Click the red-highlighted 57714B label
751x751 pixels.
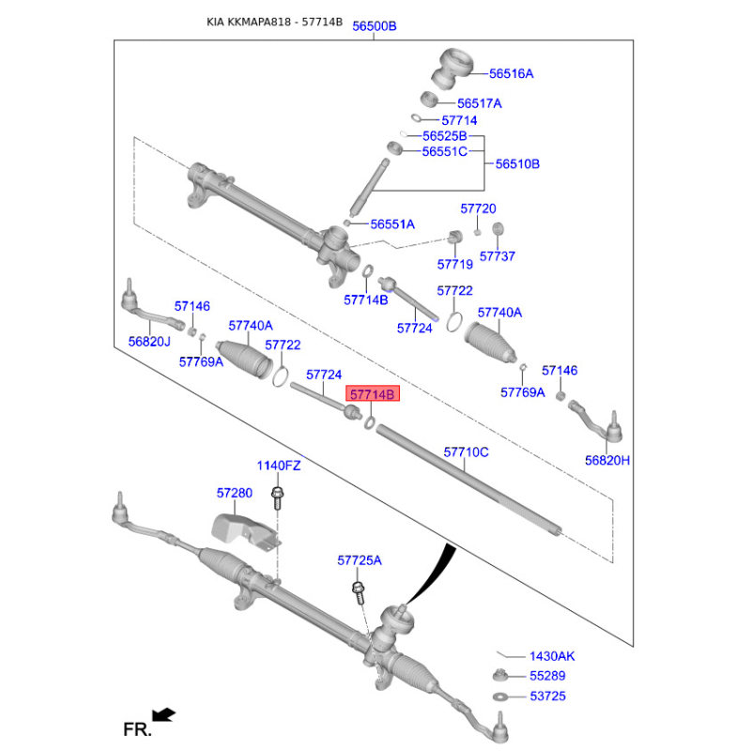coord(373,394)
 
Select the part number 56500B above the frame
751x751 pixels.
coord(374,26)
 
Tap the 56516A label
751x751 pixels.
coord(511,73)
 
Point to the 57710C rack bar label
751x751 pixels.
coord(466,452)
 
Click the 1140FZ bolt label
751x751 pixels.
coord(279,466)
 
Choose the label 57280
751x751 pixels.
coord(234,493)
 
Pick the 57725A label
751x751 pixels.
coord(360,560)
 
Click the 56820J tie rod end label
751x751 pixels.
coord(149,342)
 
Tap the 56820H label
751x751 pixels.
coord(607,460)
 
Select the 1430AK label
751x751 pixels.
coord(552,656)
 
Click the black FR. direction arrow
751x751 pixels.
coord(163,715)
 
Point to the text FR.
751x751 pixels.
coord(137,730)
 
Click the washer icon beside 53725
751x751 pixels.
coord(500,697)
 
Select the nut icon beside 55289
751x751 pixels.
coord(500,675)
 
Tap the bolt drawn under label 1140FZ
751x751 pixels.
coord(277,498)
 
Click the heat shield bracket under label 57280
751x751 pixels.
coord(246,533)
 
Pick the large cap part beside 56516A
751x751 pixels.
coord(452,69)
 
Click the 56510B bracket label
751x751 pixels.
coord(517,163)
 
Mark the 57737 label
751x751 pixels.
coord(498,256)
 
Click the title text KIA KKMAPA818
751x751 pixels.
coord(249,22)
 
